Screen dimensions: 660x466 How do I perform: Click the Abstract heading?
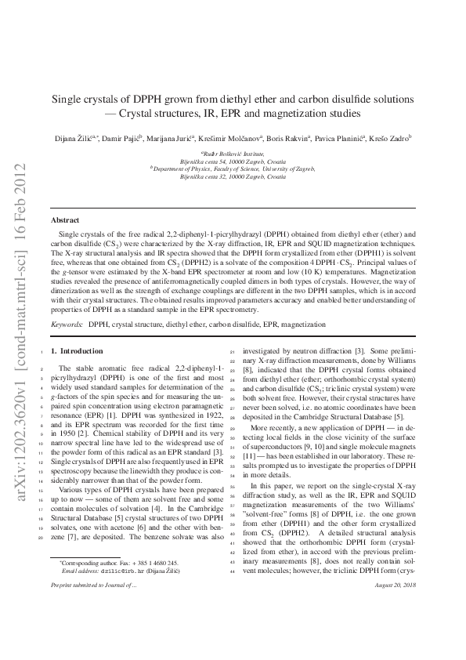pyautogui.click(x=64, y=220)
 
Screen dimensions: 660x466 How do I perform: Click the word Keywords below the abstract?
pyautogui.click(x=67, y=323)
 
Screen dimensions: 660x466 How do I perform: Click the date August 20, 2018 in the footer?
pyautogui.click(x=396, y=629)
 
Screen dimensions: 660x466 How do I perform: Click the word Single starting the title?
pyautogui.click(x=68, y=100)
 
